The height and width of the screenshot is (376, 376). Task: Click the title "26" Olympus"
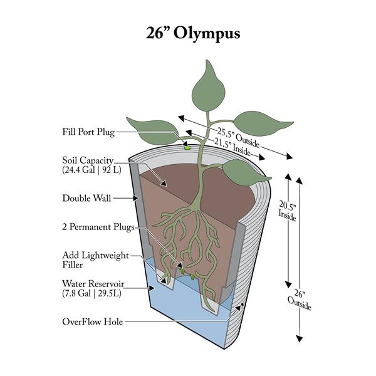(188, 33)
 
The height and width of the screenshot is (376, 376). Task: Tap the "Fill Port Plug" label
(88, 132)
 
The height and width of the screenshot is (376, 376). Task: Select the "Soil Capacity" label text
(87, 160)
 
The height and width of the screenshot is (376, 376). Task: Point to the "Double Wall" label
(86, 199)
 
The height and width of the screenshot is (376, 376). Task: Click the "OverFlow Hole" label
(92, 322)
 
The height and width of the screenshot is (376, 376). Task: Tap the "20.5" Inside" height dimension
(287, 207)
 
